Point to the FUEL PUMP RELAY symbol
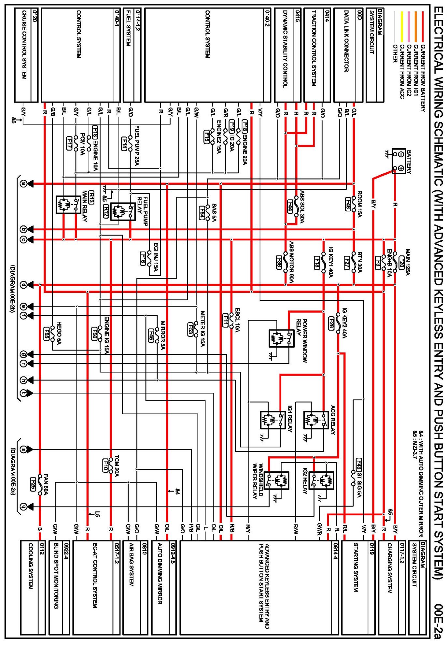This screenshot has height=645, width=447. click(x=123, y=212)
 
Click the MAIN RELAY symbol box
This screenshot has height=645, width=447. click(x=68, y=204)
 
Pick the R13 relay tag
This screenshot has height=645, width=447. click(x=91, y=197)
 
